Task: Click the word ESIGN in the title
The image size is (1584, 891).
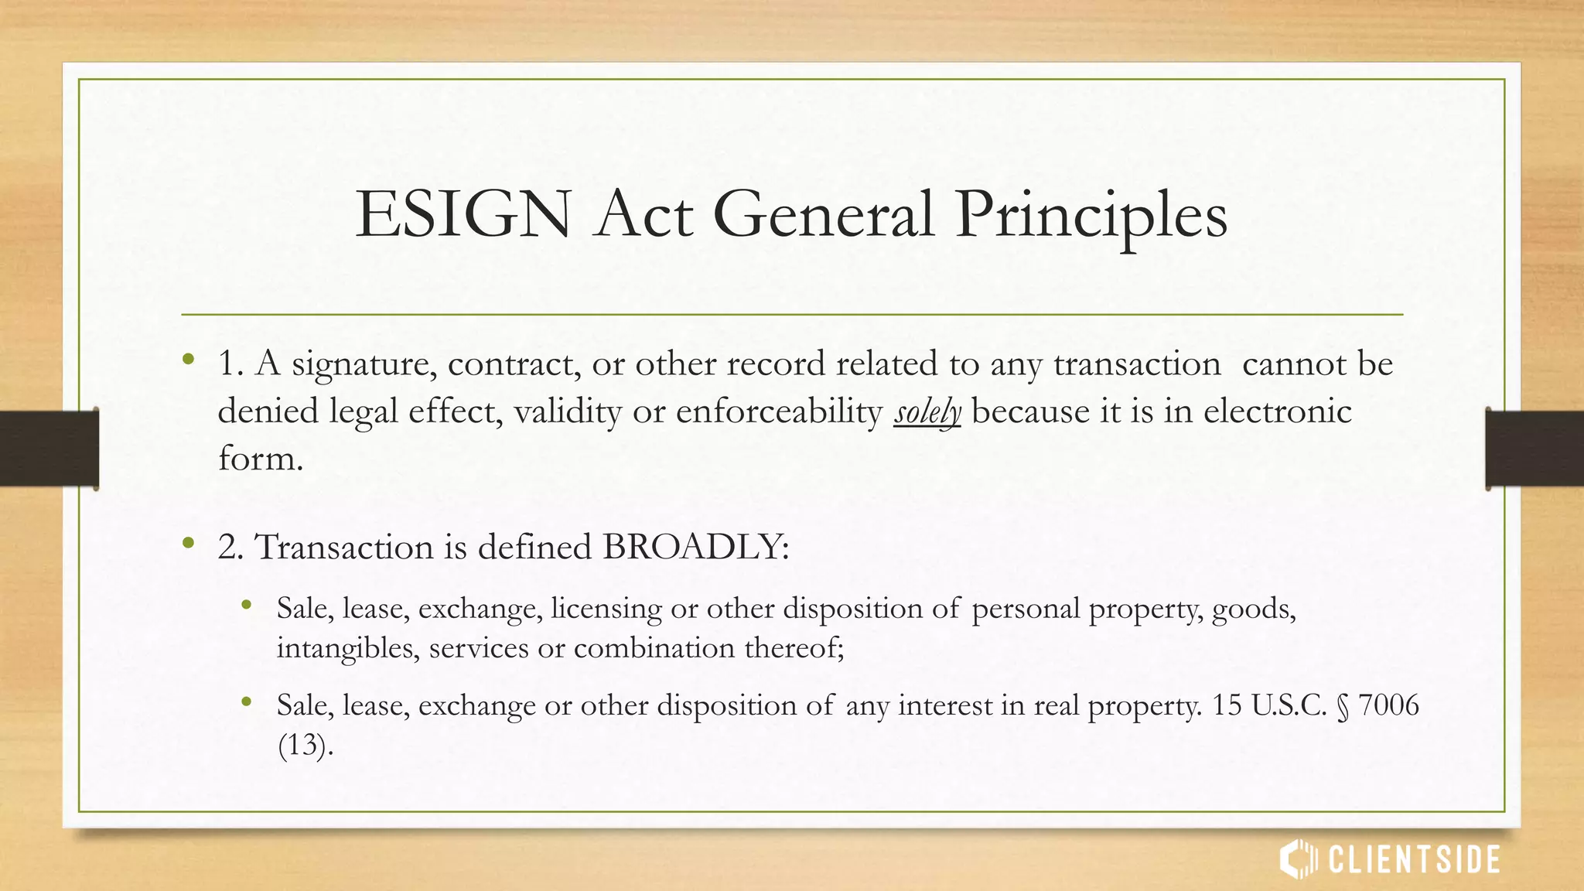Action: tap(463, 215)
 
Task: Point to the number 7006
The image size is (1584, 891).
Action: tap(1388, 705)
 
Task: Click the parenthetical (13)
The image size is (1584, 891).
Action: tap(304, 745)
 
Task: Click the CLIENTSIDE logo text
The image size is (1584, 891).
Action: tap(1414, 860)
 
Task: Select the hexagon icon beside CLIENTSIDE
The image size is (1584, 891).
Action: tap(1298, 859)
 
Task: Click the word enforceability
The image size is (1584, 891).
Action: tap(779, 411)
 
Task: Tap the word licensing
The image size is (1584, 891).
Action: tap(606, 609)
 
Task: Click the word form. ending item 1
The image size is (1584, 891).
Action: tap(260, 459)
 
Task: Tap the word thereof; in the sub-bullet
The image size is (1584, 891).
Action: tap(794, 647)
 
